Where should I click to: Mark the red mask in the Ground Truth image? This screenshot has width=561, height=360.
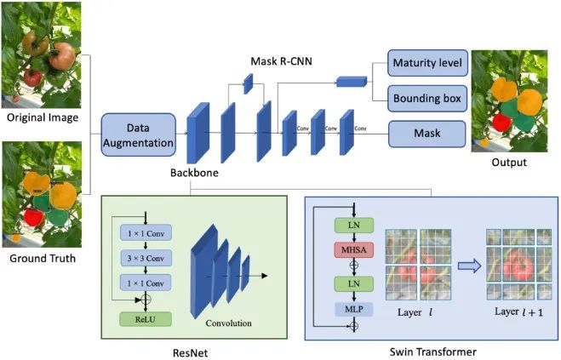pos(34,216)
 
